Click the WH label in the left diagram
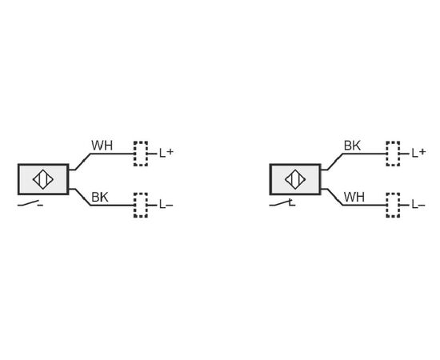coord(102,146)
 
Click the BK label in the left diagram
coord(100,197)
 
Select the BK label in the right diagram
coord(352,146)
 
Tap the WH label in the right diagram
coord(354,197)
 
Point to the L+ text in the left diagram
coord(166,153)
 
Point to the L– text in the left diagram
coord(166,205)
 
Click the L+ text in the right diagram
coord(418,153)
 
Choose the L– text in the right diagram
coord(418,205)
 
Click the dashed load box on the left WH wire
coord(141,154)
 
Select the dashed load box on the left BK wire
coord(141,205)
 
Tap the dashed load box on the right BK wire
coord(393,154)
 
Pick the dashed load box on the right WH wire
coord(393,205)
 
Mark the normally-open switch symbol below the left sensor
coord(30,204)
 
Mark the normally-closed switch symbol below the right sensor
coord(282,204)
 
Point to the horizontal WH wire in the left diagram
coord(112,154)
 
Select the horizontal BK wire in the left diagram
coord(112,205)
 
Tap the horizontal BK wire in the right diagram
coord(364,154)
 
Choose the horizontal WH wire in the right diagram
coord(364,205)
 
